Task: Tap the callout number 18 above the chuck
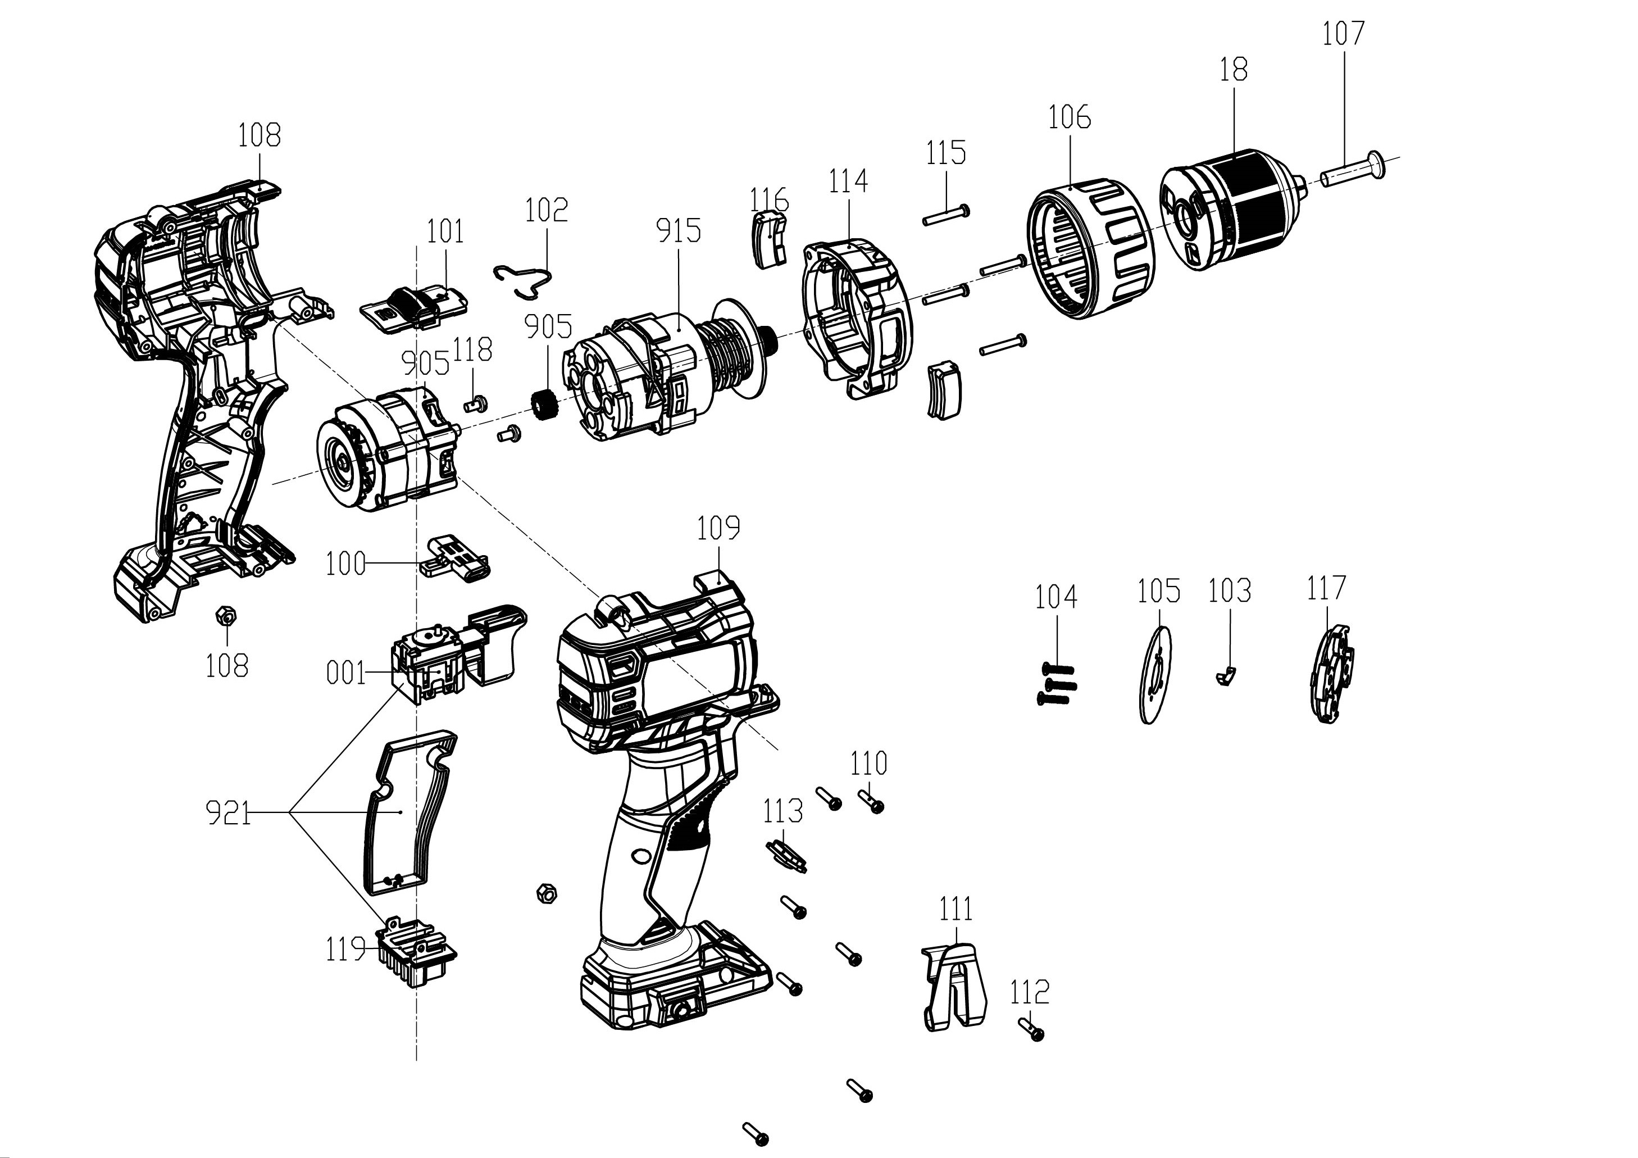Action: tap(1234, 70)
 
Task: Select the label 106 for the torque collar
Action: tap(1070, 117)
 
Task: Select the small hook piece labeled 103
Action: tap(1226, 675)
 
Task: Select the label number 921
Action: tap(228, 812)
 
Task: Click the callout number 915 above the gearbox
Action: tap(678, 230)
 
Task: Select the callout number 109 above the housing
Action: tap(718, 529)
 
